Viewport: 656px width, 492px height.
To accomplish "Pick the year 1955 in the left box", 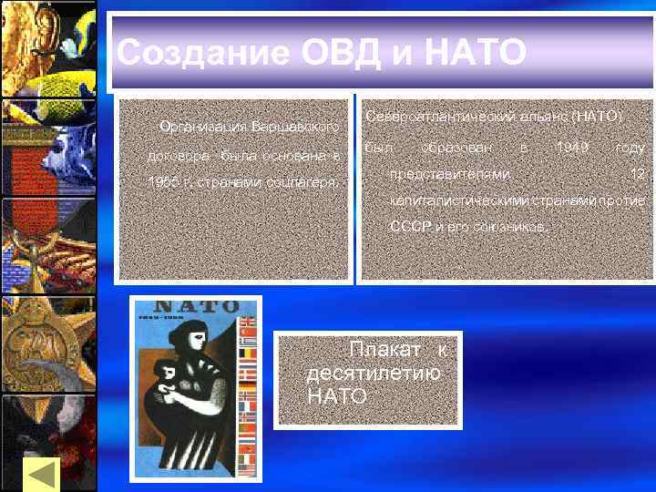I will point(161,183).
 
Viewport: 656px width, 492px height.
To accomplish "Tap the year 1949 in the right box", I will point(571,146).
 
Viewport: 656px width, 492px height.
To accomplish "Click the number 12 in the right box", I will point(637,172).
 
